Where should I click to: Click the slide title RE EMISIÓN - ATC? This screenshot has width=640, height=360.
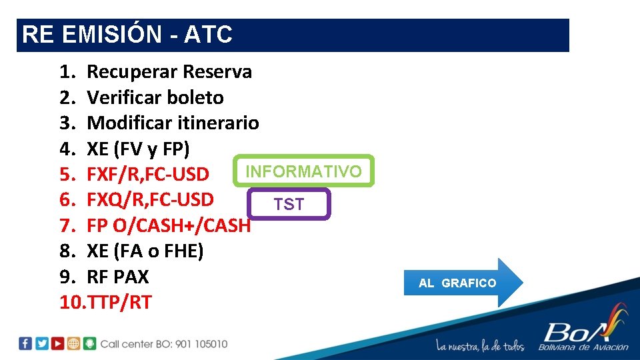[x=127, y=35]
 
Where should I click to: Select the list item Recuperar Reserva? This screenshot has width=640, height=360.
[x=169, y=71]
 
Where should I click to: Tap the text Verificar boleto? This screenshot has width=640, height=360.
[x=155, y=97]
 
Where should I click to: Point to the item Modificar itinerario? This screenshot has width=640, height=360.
[x=173, y=123]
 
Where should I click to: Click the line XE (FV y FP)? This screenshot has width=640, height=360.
[x=138, y=148]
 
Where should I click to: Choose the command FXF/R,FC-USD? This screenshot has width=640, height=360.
[x=148, y=174]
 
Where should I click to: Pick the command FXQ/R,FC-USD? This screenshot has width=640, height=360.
[x=150, y=199]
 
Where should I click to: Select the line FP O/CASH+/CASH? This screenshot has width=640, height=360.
[x=169, y=225]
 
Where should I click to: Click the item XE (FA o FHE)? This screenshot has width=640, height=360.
[x=145, y=251]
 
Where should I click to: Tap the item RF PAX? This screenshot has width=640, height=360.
[x=118, y=277]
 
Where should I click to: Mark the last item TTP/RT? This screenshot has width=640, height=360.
[x=119, y=303]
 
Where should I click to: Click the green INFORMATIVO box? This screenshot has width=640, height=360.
[x=304, y=171]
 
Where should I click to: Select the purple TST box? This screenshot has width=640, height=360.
[x=289, y=205]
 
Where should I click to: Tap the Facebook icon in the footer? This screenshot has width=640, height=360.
[x=25, y=344]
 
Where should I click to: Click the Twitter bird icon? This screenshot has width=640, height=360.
[x=42, y=344]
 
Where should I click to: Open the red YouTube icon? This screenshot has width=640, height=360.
[x=58, y=344]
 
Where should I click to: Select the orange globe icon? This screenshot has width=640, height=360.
[x=74, y=344]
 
